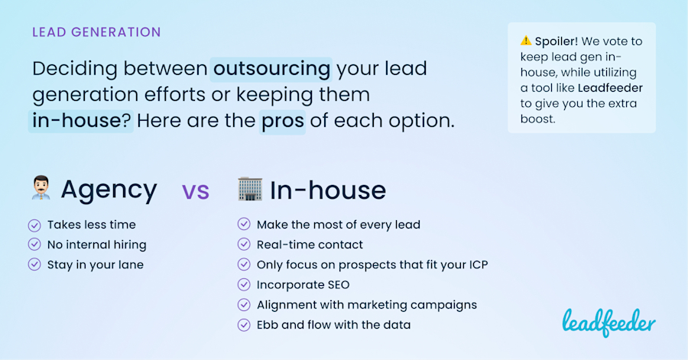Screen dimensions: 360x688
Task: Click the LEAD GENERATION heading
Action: [x=96, y=32]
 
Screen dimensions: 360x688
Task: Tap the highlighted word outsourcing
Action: [x=271, y=69]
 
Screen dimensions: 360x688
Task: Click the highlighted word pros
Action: [x=283, y=121]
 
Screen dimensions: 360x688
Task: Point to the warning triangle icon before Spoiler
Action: [x=525, y=41]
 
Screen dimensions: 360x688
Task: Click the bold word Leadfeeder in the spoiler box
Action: [x=610, y=88]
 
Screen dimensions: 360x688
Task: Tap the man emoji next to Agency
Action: [x=41, y=189]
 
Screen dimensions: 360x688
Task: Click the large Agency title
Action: [x=109, y=190]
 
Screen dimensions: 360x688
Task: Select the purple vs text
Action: [x=195, y=191]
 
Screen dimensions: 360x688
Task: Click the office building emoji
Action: [x=249, y=189]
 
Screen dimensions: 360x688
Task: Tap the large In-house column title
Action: [x=328, y=190]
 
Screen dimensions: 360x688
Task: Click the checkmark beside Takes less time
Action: [x=34, y=225]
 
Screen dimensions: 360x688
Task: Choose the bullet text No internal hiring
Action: [x=96, y=245]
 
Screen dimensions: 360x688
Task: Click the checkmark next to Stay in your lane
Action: [x=34, y=264]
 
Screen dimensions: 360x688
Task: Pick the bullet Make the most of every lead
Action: [x=338, y=225]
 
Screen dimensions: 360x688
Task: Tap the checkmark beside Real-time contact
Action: [x=244, y=245]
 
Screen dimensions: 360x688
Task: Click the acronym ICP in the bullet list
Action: [x=475, y=264]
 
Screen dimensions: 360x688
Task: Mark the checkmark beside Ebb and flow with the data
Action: [x=244, y=325]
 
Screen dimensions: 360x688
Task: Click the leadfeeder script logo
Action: [x=608, y=322]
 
